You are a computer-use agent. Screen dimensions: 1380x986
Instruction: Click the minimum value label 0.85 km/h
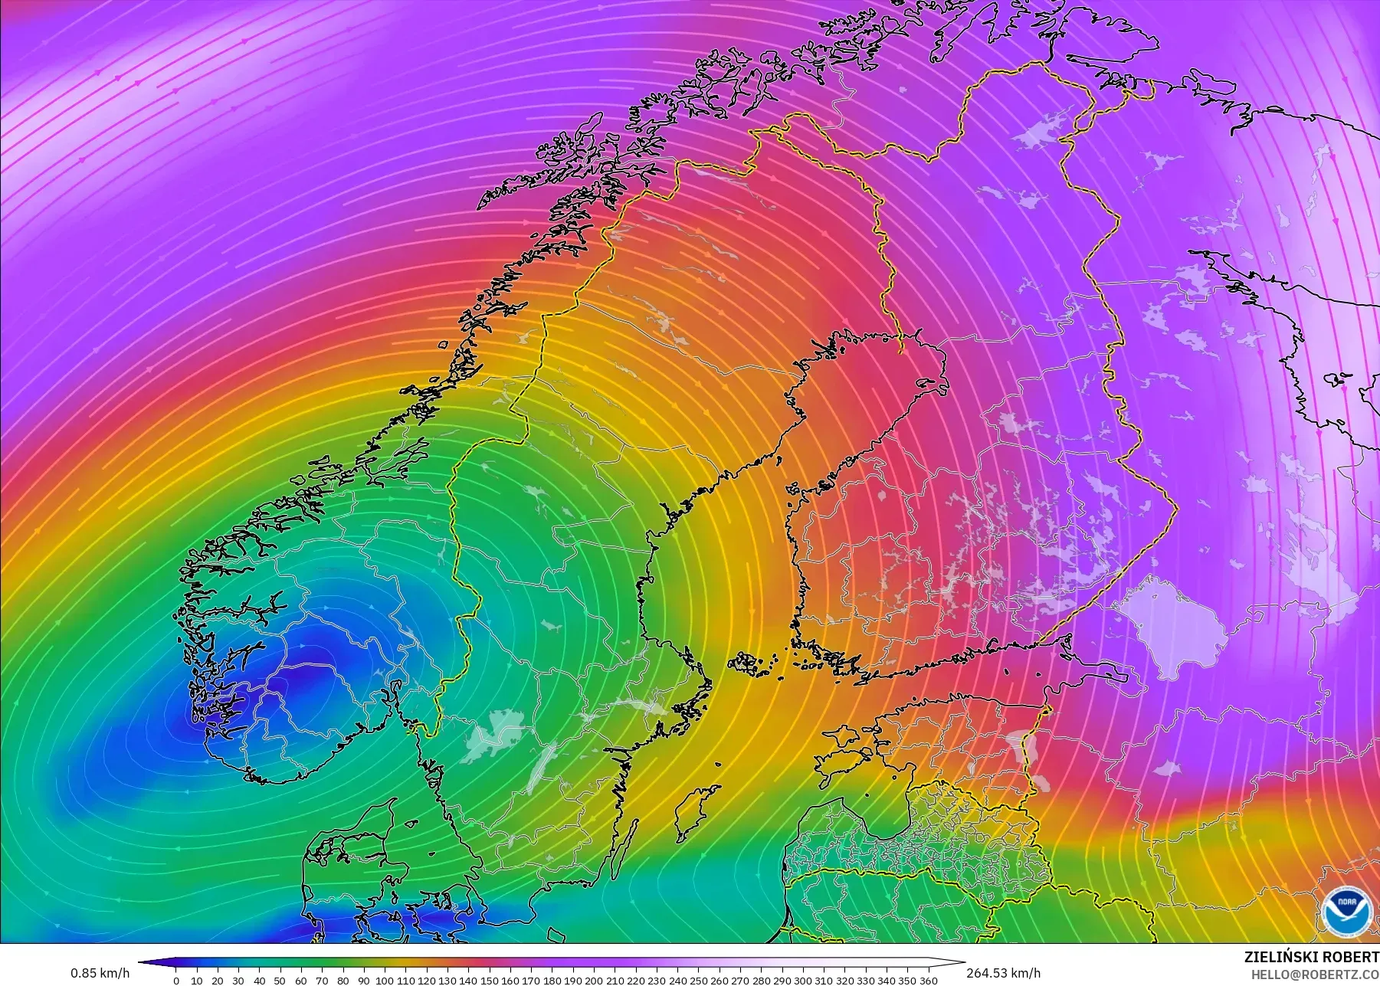coord(100,973)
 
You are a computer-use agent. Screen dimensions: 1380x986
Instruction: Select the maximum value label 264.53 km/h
coord(1003,973)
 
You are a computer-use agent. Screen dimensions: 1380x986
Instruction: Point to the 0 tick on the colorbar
coord(176,981)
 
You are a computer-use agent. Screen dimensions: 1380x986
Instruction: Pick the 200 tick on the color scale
coord(594,981)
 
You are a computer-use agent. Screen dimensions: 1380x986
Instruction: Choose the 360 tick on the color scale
coord(929,981)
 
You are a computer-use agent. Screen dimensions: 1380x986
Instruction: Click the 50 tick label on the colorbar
coord(281,981)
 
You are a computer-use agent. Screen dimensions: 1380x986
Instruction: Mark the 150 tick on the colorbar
coord(489,981)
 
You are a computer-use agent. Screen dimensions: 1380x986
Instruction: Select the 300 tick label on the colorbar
coord(803,981)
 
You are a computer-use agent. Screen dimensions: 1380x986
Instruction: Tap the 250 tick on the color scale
coord(698,981)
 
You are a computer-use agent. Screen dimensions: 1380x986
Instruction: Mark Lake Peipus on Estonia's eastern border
coord(1023,747)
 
